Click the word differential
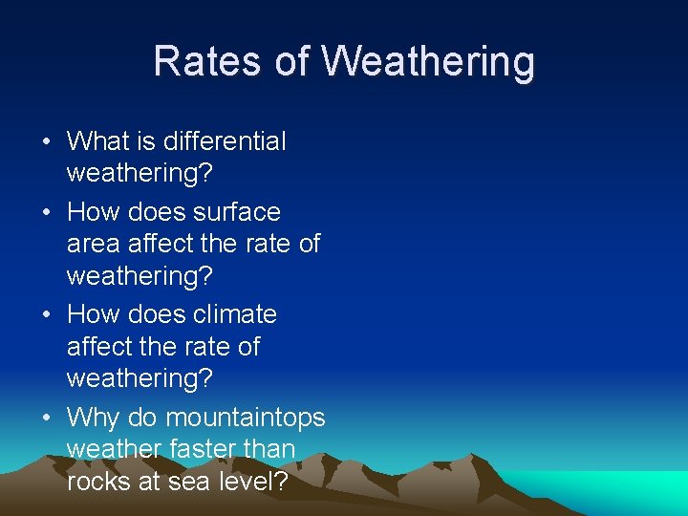pos(225,141)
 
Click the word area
pos(92,245)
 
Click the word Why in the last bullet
pos(92,419)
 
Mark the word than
pos(273,449)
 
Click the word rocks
pos(99,482)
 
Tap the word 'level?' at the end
pos(255,482)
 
